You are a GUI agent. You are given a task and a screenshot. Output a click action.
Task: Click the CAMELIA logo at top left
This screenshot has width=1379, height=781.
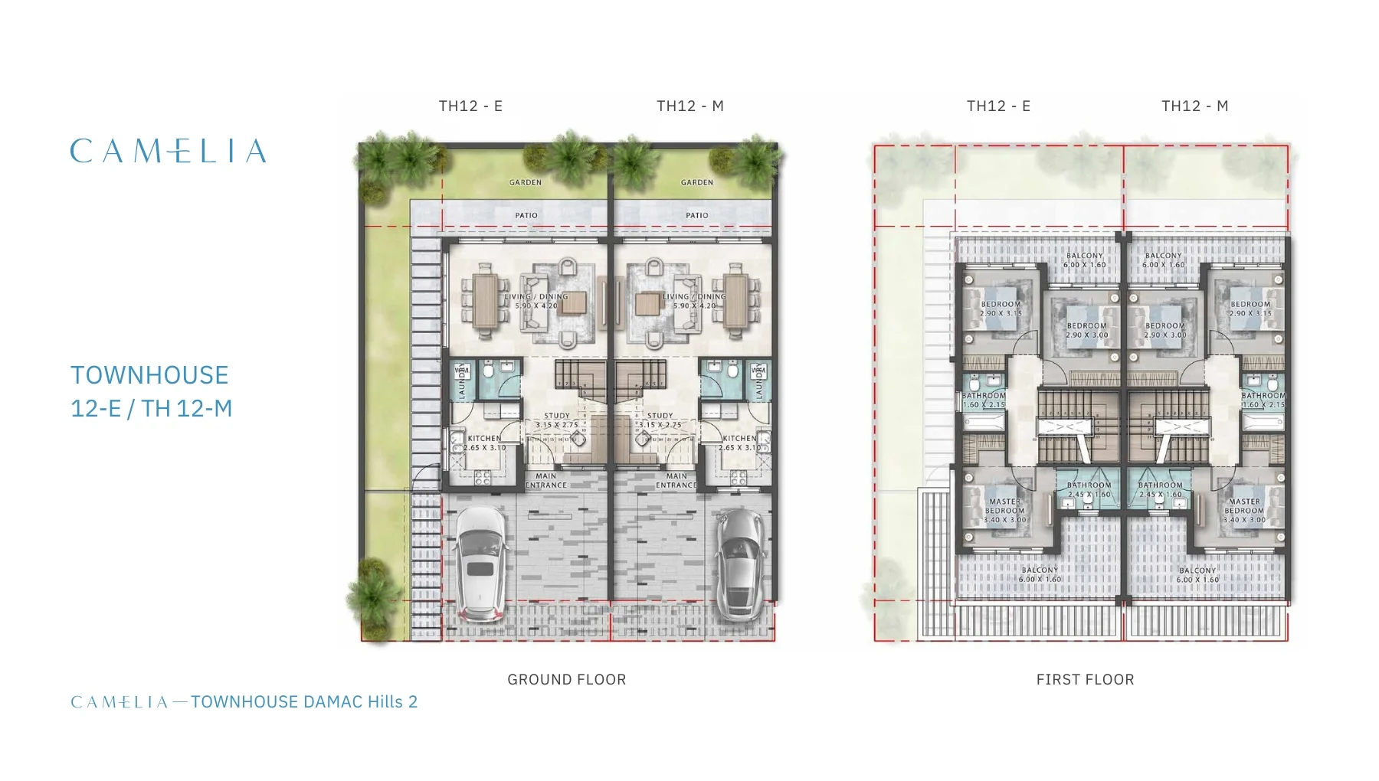coord(168,151)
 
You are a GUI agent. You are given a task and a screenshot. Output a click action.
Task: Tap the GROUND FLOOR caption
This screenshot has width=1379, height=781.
coord(566,679)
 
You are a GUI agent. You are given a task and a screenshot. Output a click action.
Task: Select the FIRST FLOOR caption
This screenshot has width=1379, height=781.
coord(1085,679)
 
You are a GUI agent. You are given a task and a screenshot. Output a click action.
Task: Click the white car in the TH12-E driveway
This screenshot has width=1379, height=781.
coord(480,563)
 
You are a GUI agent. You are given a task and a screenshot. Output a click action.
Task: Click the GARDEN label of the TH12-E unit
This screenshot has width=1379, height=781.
coord(526,182)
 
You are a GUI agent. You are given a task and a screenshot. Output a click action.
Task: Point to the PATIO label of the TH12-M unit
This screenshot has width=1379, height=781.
coord(697,215)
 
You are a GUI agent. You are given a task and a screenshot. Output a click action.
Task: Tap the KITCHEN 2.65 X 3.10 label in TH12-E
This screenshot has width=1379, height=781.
coord(484,443)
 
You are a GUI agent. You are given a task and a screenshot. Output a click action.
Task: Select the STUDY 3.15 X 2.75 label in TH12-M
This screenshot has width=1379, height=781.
coord(660,420)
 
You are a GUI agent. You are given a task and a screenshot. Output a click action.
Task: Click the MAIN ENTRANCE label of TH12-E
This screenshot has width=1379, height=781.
coord(545,480)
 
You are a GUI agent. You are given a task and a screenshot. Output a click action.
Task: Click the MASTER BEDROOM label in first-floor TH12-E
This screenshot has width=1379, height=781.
coord(1004,511)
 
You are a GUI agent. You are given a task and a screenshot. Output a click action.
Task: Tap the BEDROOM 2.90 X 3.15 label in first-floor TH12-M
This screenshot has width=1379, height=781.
coord(1250,309)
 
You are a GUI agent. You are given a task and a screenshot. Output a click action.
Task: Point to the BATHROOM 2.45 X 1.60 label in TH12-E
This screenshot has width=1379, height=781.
coord(1089,489)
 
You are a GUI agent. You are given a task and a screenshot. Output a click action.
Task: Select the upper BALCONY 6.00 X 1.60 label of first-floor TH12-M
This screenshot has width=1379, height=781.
coord(1163,260)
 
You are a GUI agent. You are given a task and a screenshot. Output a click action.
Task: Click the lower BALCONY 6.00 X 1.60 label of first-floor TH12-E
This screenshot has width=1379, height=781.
coord(1040,574)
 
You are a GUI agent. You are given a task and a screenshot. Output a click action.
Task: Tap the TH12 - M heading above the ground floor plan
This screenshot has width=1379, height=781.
coord(689,106)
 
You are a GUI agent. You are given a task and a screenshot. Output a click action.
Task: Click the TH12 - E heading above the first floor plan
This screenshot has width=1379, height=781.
coord(998,106)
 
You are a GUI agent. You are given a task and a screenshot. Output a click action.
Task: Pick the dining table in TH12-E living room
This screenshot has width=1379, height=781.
coord(484,301)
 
